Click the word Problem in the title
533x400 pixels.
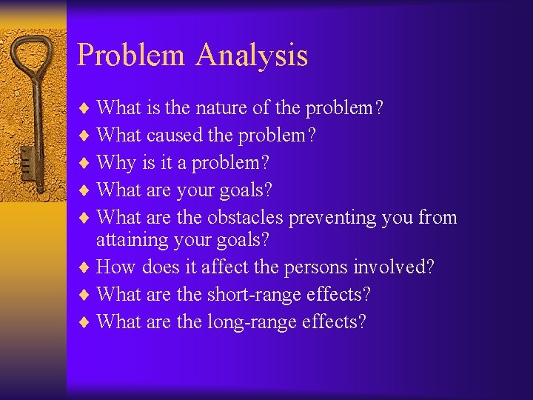pos(131,56)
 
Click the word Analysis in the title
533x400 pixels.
pos(252,56)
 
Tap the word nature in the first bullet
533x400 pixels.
pos(221,108)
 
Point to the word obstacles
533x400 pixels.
pos(246,217)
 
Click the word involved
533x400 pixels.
pos(402,267)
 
